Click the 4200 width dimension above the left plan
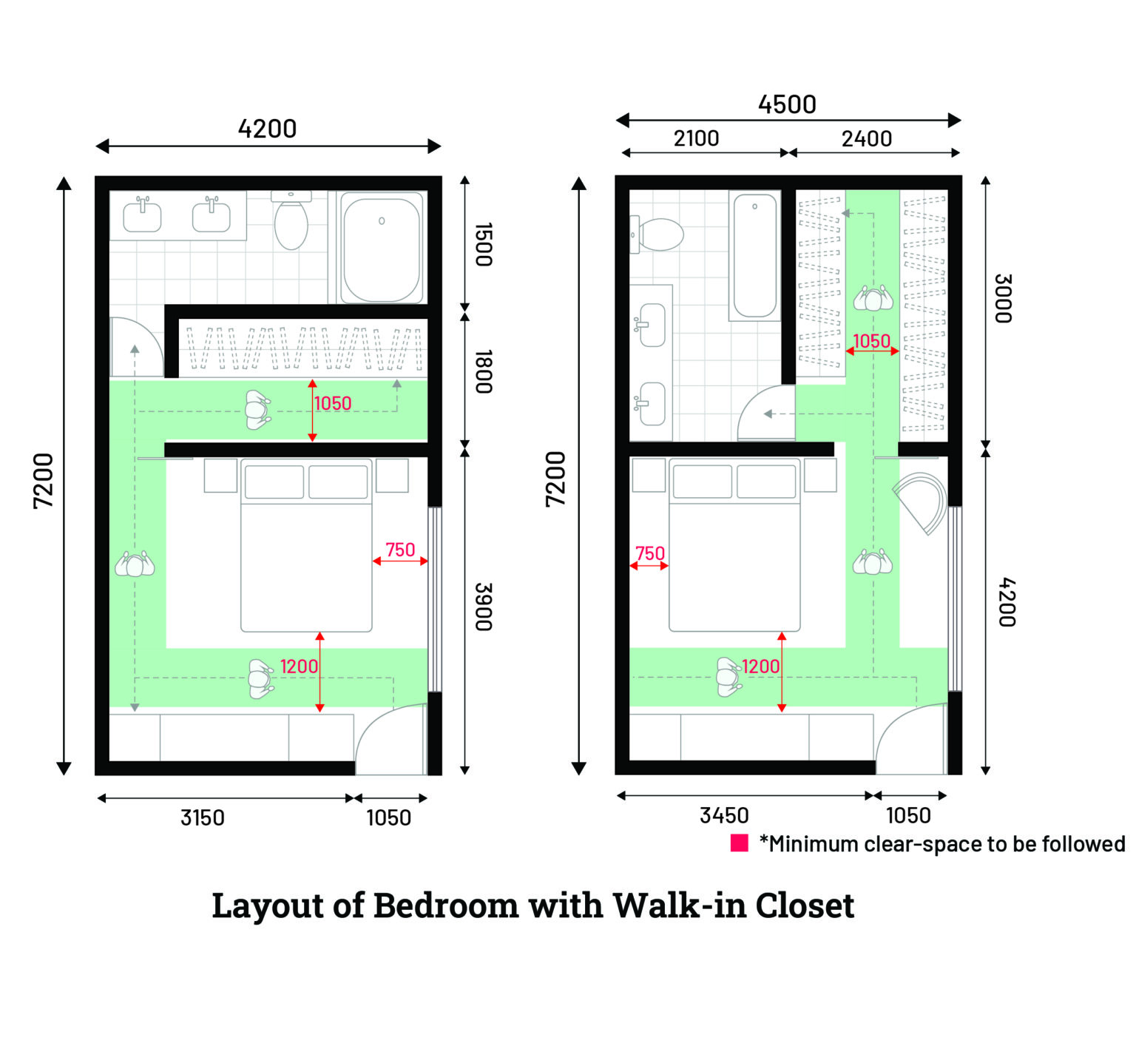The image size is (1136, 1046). click(267, 129)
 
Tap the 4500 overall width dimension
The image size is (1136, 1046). click(787, 105)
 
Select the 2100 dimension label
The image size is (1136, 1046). click(696, 138)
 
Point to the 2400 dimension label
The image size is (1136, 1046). click(867, 138)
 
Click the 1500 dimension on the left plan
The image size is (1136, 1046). click(482, 244)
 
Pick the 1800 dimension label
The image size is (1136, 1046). click(482, 372)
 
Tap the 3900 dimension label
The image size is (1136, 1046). click(482, 607)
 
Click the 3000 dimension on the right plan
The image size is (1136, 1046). click(1002, 298)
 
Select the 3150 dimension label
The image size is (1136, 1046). click(203, 817)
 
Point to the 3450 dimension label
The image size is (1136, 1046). click(724, 815)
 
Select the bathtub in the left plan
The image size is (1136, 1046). click(381, 248)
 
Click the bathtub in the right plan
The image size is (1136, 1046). click(754, 255)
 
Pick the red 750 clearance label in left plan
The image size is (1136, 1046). click(400, 550)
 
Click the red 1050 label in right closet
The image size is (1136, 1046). click(871, 341)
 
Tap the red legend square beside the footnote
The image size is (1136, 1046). click(739, 843)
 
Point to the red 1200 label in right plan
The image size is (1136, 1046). click(760, 667)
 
